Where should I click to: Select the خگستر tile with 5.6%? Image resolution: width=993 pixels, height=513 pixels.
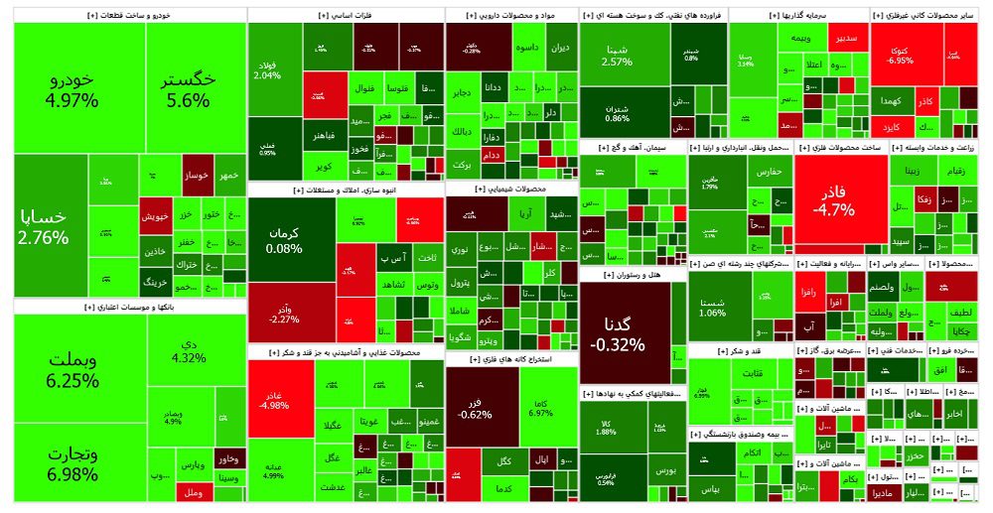(x=189, y=87)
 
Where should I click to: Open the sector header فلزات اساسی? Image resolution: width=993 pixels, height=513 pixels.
(x=345, y=16)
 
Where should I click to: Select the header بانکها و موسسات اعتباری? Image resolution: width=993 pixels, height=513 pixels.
(x=129, y=308)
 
